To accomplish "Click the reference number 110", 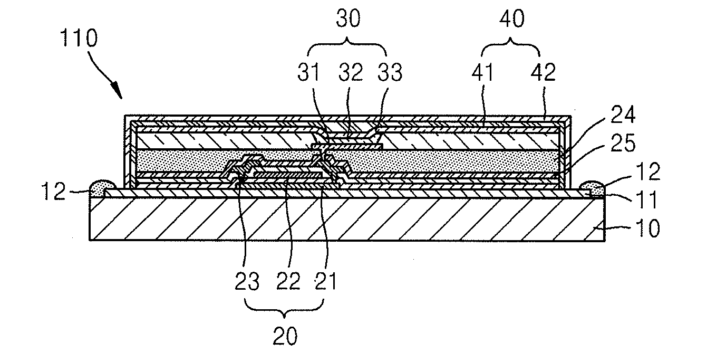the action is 79,39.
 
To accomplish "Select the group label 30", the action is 348,18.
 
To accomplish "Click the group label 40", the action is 512,18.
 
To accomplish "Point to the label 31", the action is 308,72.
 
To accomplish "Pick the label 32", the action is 351,72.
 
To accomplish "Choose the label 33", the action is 390,72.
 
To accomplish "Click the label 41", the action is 482,72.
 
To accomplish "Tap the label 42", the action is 543,72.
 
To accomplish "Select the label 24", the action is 623,115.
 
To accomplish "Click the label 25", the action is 623,143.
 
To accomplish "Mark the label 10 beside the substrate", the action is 648,228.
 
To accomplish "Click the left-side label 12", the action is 53,192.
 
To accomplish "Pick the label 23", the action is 247,281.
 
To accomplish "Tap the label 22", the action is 288,281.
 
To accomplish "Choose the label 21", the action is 326,281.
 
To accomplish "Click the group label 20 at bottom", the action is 285,336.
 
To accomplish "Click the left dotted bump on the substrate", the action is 102,188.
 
